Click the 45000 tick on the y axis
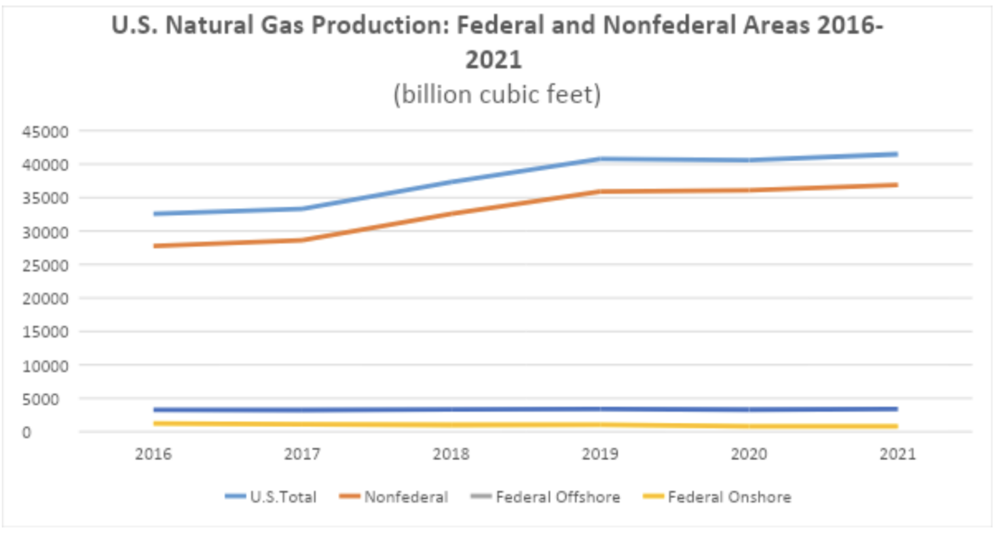45,132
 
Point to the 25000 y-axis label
45,266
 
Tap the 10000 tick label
45,366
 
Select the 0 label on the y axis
26,433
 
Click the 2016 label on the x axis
153,454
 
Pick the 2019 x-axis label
600,454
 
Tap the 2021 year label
897,454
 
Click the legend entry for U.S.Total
282,497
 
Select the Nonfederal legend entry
405,497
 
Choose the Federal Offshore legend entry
557,497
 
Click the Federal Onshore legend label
729,497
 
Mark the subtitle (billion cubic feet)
496,95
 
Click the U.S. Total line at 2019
600,158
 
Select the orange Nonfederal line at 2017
303,240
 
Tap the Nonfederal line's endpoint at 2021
896,185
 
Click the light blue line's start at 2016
155,214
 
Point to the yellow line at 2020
749,426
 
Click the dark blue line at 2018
451,410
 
